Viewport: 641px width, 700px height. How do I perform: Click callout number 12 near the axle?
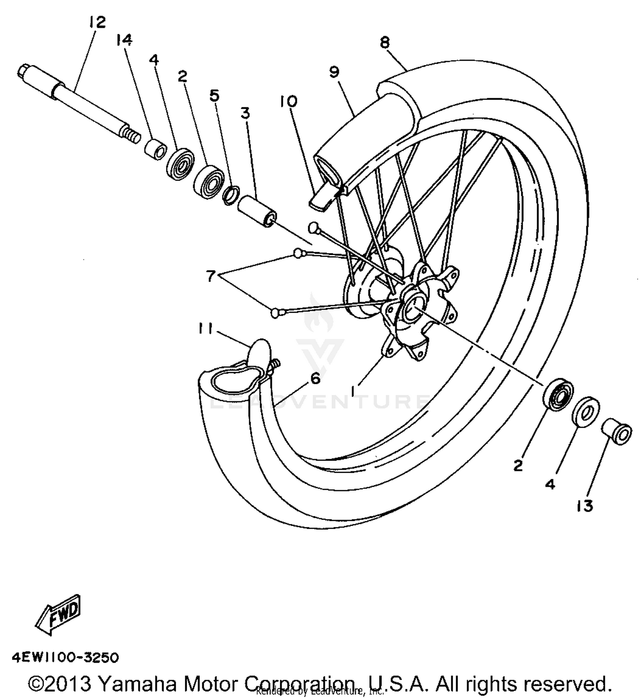pyautogui.click(x=97, y=22)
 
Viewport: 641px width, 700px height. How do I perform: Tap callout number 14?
pyautogui.click(x=124, y=41)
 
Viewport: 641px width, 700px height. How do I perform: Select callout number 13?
pyautogui.click(x=584, y=506)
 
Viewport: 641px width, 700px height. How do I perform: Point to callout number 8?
pyautogui.click(x=385, y=42)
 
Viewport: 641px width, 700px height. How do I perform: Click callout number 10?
pyautogui.click(x=289, y=102)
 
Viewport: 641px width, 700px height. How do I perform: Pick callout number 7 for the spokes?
pyautogui.click(x=211, y=276)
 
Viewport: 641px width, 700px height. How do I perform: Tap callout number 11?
pyautogui.click(x=206, y=329)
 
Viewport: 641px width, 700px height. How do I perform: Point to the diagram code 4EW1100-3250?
pyautogui.click(x=65, y=657)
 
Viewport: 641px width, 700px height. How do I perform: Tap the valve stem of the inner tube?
pyautogui.click(x=274, y=365)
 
